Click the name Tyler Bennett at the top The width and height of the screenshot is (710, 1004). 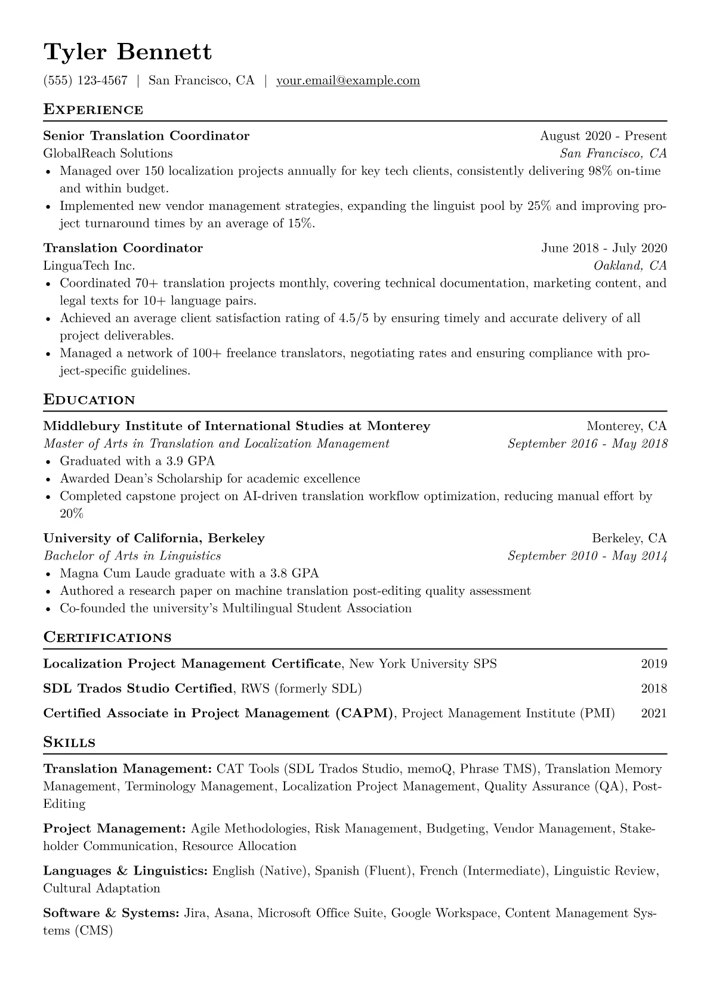pyautogui.click(x=127, y=52)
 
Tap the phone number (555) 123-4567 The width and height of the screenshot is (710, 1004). pyautogui.click(x=85, y=81)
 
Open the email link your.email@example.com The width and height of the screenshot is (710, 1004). pyautogui.click(x=348, y=81)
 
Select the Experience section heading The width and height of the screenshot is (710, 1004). pyautogui.click(x=93, y=110)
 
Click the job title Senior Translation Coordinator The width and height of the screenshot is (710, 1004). pyautogui.click(x=146, y=136)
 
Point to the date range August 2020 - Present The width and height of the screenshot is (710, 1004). pyautogui.click(x=603, y=136)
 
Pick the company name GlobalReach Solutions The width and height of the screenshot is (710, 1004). pyautogui.click(x=108, y=153)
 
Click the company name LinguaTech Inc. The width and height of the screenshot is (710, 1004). pyautogui.click(x=89, y=265)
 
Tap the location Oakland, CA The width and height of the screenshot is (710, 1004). pyautogui.click(x=630, y=265)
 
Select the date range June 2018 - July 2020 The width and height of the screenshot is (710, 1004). pyautogui.click(x=604, y=248)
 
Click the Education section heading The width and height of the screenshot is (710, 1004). pyautogui.click(x=89, y=400)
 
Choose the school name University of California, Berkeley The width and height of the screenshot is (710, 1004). pyautogui.click(x=154, y=539)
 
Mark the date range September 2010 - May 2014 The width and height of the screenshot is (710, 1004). pyautogui.click(x=587, y=556)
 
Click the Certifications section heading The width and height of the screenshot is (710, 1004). pyautogui.click(x=107, y=638)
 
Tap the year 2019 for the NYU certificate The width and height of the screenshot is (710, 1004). pyautogui.click(x=654, y=664)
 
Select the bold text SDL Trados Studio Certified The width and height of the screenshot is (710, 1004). pyautogui.click(x=138, y=689)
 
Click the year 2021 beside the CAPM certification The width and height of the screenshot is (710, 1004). pyautogui.click(x=654, y=713)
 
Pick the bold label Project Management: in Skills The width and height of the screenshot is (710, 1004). pyautogui.click(x=115, y=829)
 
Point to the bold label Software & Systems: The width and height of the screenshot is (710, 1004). pyautogui.click(x=111, y=913)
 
